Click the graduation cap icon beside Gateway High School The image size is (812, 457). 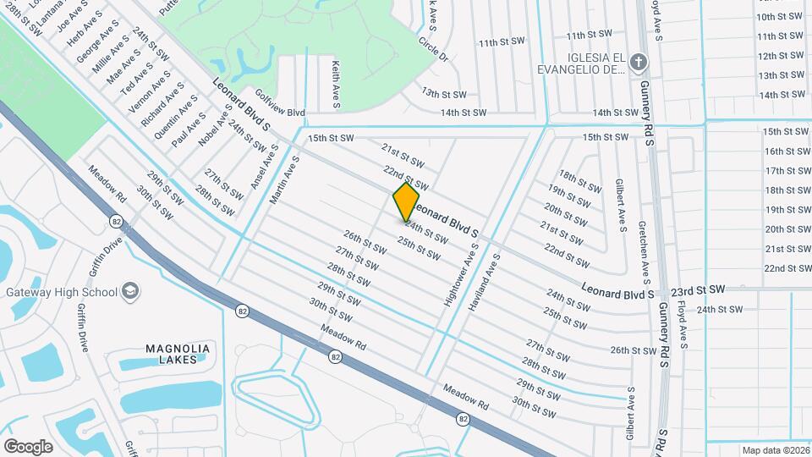130,292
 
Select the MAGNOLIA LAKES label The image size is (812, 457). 177,354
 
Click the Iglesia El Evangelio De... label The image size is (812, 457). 584,63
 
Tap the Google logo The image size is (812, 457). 28,446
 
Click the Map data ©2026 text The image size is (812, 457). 774,450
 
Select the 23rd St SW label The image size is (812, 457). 699,289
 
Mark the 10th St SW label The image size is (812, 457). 779,16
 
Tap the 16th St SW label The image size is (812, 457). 787,151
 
